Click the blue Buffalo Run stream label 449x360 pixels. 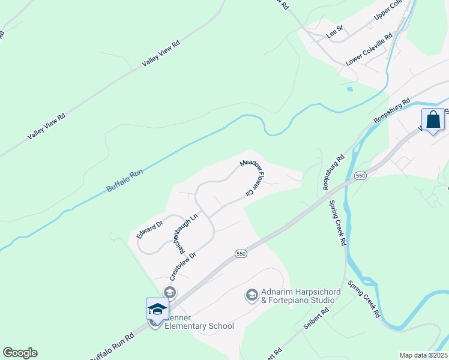pyautogui.click(x=125, y=181)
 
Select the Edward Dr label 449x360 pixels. pyautogui.click(x=149, y=230)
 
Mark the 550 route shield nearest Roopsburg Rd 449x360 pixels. pyautogui.click(x=360, y=176)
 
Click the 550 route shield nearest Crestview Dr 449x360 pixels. pyautogui.click(x=240, y=254)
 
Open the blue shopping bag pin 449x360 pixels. pyautogui.click(x=433, y=120)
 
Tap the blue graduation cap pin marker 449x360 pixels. pyautogui.click(x=157, y=310)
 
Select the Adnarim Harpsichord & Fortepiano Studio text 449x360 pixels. pyautogui.click(x=298, y=295)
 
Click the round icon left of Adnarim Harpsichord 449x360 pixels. pyautogui.click(x=252, y=295)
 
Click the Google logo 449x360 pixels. pyautogui.click(x=20, y=353)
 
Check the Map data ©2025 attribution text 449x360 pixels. pyautogui.click(x=423, y=355)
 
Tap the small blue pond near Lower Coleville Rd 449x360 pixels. pyautogui.click(x=349, y=89)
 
